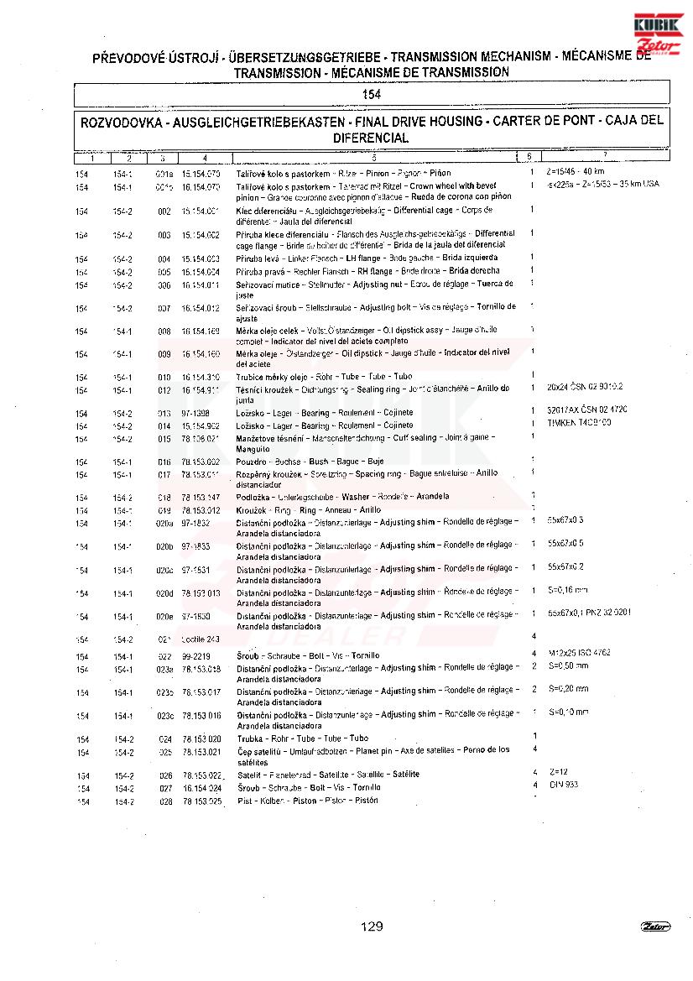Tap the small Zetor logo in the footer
(655, 926)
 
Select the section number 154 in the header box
(372, 94)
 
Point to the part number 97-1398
(195, 413)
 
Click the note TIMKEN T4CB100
(579, 422)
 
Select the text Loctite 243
(200, 639)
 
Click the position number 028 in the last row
(165, 801)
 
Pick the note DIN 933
(563, 785)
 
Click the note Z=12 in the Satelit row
(559, 771)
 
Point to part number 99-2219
(195, 655)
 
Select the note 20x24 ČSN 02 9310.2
(584, 387)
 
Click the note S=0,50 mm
(568, 665)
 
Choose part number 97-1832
(195, 522)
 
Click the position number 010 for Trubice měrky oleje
(164, 377)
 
